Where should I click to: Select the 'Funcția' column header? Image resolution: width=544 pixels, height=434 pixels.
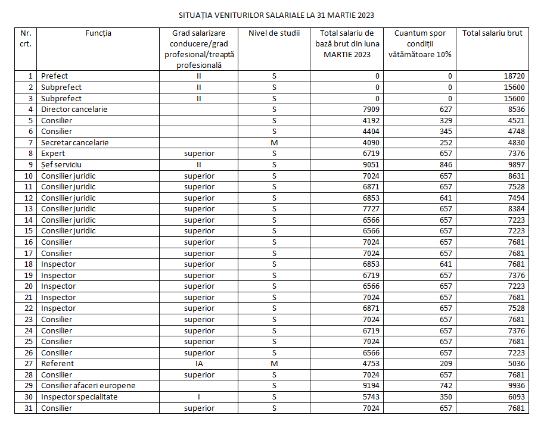pos(98,33)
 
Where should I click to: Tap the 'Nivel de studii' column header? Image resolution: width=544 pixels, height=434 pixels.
pos(274,33)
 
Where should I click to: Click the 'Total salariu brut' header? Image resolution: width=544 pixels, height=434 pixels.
pos(492,33)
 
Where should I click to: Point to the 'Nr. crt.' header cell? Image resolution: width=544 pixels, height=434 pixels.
pos(26,38)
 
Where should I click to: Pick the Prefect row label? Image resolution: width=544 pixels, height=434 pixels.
pos(54,76)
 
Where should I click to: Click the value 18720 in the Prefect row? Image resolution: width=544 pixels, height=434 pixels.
pos(514,76)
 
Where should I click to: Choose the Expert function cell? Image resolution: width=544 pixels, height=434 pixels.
pos(53,154)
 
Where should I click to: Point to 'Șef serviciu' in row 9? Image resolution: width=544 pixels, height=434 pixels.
pos(61,165)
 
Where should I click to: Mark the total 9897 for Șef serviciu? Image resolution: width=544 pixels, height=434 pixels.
pos(515,165)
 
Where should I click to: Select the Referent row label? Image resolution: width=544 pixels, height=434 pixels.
pos(57,364)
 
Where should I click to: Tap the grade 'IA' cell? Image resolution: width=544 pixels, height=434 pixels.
pos(199,364)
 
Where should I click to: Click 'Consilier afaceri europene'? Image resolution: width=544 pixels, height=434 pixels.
pos(88,386)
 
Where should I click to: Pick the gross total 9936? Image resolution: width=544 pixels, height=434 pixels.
pos(515,386)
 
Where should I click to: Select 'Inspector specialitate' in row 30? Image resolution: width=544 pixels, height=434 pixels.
pos(79,397)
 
